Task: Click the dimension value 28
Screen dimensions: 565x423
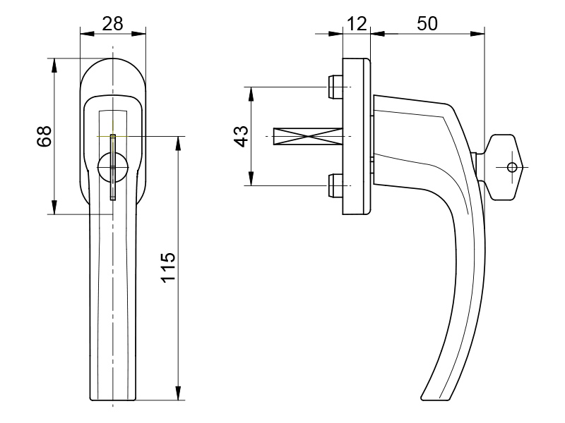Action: coord(112,24)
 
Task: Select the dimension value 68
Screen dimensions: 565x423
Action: coord(44,136)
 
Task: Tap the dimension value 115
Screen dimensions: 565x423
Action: coord(168,267)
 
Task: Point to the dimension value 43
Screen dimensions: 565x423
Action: coord(241,136)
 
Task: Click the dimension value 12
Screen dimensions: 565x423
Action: coord(357,24)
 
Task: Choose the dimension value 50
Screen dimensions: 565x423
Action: coord(427,24)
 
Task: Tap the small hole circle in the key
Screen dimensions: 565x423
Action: coord(511,167)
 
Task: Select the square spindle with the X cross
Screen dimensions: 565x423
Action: coord(308,137)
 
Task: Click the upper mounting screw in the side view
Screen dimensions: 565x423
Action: coord(335,87)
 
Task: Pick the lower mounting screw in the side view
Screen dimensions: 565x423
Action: coord(335,185)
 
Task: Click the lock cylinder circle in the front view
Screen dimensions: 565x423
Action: coord(113,167)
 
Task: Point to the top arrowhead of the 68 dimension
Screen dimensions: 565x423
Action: coord(54,65)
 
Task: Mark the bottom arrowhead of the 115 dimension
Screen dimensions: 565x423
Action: coord(178,393)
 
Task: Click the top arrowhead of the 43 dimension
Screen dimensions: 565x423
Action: coord(251,94)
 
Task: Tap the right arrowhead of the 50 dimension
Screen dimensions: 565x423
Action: coord(477,34)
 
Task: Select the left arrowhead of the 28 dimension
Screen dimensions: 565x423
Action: coord(87,34)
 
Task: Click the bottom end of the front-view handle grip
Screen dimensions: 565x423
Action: coord(113,400)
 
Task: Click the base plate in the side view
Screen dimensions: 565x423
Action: coord(357,137)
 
